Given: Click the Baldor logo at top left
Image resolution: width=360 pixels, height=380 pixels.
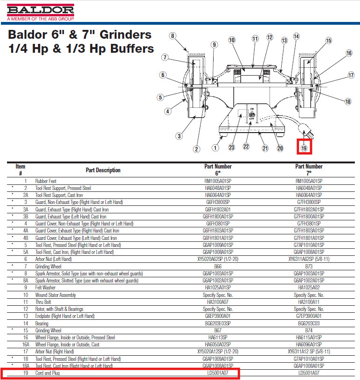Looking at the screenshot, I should tap(41, 10).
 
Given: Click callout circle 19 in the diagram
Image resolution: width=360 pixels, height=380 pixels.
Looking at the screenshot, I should tap(305, 148).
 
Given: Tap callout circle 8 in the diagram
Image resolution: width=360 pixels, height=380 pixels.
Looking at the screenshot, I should tap(173, 35).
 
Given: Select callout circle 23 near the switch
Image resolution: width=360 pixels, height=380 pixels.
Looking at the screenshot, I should tap(232, 148).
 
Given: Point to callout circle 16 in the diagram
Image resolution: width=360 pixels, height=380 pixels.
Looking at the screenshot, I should tap(349, 53).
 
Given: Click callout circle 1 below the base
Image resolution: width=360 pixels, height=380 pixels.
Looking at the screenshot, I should tap(215, 148).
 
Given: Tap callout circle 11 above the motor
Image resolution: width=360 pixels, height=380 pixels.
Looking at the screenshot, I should tap(255, 39).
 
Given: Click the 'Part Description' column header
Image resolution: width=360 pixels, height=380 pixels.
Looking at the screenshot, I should tap(103, 170).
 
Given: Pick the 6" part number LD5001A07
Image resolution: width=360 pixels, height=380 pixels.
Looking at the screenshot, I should tap(218, 373).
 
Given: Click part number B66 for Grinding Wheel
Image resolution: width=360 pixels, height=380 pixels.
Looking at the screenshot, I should tap(218, 266).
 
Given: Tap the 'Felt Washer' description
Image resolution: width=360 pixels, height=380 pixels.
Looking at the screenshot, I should tap(46, 288).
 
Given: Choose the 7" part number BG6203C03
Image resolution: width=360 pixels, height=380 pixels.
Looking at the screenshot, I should tap(309, 323).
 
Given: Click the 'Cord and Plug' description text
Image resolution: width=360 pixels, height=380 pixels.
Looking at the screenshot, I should tap(48, 373).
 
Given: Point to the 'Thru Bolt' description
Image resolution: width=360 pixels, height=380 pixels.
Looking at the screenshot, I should tap(44, 302).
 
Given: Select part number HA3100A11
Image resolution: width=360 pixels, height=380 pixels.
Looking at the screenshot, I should tap(309, 302).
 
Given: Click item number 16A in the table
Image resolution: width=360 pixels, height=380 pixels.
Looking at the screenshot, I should tap(26, 345).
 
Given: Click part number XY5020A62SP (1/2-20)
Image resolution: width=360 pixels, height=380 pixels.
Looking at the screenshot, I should tap(218, 259).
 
